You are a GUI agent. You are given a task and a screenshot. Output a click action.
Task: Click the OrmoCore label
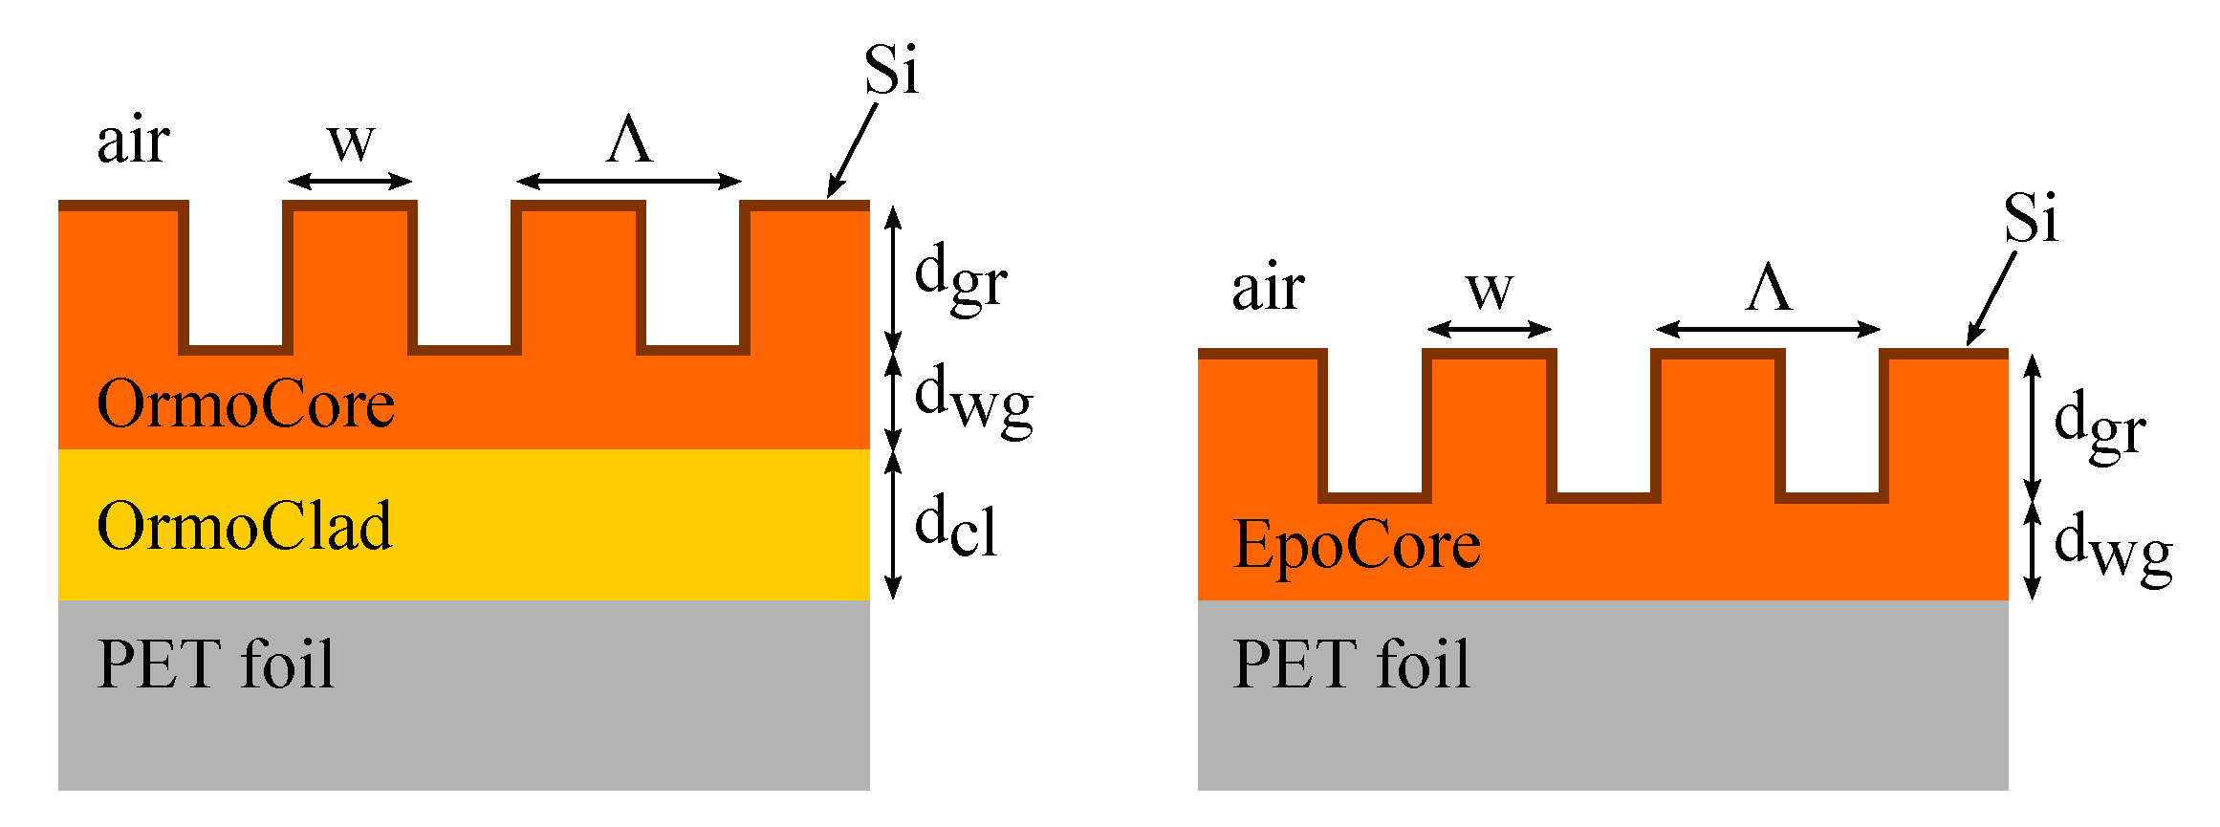coord(246,404)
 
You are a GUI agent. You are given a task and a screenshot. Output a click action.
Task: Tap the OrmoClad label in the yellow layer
coord(245,527)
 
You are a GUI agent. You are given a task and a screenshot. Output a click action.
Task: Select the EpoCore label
coord(1357,546)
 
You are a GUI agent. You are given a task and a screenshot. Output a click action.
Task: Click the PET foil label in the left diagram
coord(216,664)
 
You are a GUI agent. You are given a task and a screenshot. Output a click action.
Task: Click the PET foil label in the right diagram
coord(1352,664)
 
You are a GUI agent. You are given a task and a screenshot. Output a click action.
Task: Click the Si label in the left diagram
coord(891,71)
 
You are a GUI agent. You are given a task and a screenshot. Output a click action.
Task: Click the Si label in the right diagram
coord(2031,219)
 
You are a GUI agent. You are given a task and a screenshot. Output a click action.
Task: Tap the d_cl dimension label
coord(956,526)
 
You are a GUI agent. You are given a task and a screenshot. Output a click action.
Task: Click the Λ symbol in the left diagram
coord(630,141)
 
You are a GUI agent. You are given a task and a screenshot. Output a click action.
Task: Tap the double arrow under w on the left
coord(350,181)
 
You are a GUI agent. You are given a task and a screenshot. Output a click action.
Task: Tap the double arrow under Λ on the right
coord(1769,329)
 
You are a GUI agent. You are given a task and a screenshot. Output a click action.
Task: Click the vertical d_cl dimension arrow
coord(893,524)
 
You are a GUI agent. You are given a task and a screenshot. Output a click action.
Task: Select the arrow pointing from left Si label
coord(852,150)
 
